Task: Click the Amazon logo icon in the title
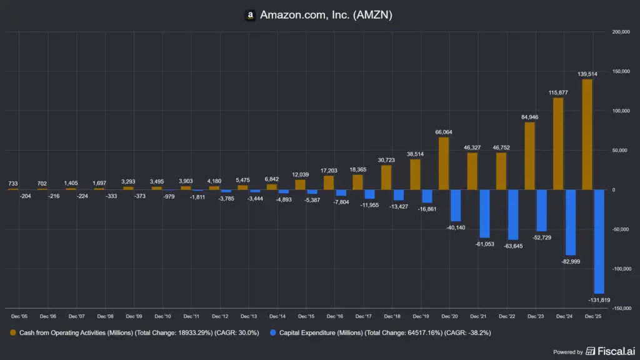tap(250, 15)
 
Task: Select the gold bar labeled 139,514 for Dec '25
tap(587, 134)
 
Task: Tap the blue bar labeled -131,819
tap(599, 241)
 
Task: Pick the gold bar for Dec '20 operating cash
tap(443, 164)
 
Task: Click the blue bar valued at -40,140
tap(455, 206)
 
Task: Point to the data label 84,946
tap(529, 117)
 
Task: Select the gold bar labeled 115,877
tap(558, 144)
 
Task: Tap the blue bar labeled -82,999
tap(570, 222)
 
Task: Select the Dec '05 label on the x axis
tap(19, 317)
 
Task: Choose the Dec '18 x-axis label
tap(392, 317)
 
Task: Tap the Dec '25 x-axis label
tap(592, 317)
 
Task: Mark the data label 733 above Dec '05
tap(13, 184)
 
